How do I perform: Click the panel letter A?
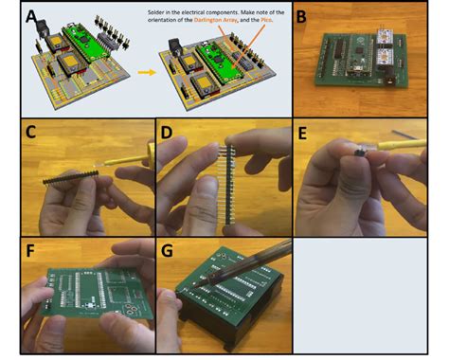click(32, 17)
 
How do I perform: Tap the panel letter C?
click(32, 133)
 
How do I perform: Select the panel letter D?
click(169, 133)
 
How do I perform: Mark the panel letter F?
click(32, 252)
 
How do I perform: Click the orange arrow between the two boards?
click(145, 71)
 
